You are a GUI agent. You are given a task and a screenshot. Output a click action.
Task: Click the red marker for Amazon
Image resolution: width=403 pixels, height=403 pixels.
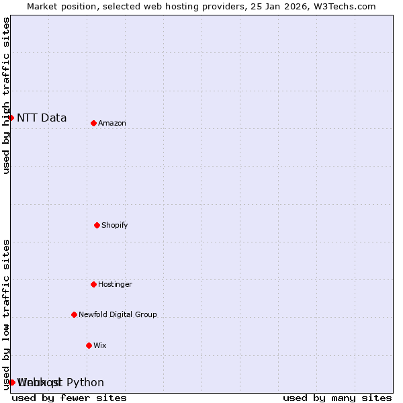[93, 123]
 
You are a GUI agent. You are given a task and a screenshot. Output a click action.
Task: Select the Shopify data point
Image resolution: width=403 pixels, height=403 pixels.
[97, 225]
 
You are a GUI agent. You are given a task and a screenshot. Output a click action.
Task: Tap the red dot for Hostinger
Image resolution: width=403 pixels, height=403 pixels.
[93, 284]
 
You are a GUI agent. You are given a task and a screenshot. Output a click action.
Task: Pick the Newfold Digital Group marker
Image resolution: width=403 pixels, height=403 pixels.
[74, 314]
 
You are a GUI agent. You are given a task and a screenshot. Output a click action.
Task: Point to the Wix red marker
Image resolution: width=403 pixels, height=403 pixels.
[89, 345]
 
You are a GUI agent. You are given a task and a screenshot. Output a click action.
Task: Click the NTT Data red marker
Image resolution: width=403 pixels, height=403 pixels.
[11, 118]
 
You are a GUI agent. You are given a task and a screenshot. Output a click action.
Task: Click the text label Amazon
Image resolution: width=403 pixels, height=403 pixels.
[112, 123]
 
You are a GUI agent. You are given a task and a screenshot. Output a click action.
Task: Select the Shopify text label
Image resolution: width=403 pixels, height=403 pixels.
[115, 225]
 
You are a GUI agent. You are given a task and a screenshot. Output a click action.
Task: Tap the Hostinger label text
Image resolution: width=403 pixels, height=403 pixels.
[115, 284]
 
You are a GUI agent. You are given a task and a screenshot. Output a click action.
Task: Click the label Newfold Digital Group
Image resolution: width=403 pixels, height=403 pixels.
[118, 314]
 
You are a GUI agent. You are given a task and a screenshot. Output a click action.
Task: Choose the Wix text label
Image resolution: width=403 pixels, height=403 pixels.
[100, 345]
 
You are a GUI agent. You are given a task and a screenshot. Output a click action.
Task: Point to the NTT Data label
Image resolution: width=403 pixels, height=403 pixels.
[42, 118]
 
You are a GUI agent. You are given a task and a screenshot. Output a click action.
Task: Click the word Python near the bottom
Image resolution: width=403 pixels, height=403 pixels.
[85, 383]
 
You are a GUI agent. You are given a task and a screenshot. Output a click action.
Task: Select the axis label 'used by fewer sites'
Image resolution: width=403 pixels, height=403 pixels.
[69, 398]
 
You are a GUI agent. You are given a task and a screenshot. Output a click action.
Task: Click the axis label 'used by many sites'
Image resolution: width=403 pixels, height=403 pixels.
[337, 398]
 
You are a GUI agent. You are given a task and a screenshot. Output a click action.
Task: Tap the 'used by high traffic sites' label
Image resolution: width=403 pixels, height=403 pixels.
[7, 95]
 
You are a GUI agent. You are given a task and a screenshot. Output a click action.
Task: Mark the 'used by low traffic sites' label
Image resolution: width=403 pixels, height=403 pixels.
[7, 314]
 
